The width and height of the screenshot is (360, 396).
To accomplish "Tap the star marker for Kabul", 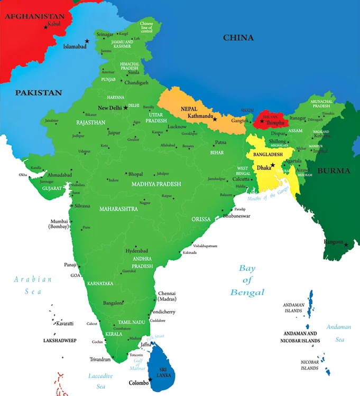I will tap(45, 27).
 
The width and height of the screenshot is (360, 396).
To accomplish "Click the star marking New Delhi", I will tap(125, 108).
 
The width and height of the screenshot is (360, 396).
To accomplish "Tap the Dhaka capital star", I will tap(273, 165).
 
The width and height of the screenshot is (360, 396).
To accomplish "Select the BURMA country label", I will tap(334, 171).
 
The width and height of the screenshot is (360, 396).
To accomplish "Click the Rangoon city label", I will tap(333, 241).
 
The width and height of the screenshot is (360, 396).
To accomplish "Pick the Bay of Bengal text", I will tap(247, 280).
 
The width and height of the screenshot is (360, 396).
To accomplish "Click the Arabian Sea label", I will tap(33, 285).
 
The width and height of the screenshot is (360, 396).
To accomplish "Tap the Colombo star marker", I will tap(150, 379).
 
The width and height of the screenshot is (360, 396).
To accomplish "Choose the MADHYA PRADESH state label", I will tap(156, 184).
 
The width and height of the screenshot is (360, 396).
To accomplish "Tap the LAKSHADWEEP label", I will tap(60, 341).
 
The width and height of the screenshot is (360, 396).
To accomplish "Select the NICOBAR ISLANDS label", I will tap(310, 365).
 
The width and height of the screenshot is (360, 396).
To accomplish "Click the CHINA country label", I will tap(238, 37).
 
